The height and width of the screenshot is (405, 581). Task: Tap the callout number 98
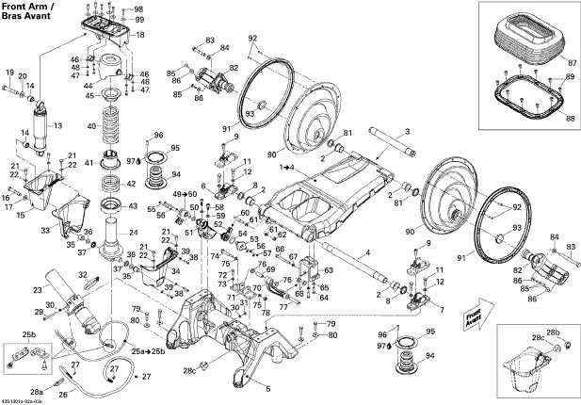[140, 8]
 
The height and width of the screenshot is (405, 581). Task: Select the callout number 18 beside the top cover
[140, 35]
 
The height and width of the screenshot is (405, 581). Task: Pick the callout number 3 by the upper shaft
[407, 130]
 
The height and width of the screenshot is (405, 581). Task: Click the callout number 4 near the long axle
[367, 253]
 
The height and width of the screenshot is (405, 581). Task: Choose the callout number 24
[133, 233]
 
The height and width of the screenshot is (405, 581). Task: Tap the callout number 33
[44, 228]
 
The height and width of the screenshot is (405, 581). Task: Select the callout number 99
[140, 19]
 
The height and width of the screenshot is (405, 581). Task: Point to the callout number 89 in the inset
[568, 76]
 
